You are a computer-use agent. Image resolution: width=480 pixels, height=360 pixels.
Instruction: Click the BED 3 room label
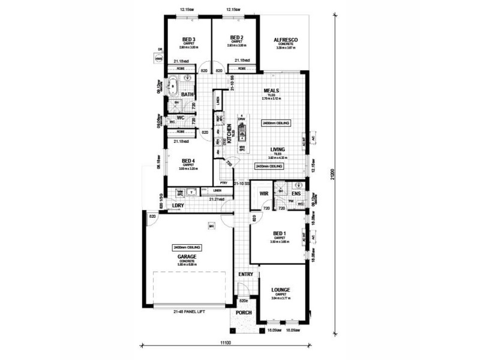188,39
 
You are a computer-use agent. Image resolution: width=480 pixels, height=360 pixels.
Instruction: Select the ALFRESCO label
286,40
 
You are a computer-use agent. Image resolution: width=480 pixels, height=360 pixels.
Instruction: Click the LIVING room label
277,149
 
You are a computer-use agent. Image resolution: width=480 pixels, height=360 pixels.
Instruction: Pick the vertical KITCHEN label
229,133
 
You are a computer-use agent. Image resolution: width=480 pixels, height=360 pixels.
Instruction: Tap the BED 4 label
188,161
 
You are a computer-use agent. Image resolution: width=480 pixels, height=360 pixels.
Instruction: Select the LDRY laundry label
177,206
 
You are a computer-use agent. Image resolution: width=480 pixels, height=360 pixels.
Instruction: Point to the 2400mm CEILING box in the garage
187,247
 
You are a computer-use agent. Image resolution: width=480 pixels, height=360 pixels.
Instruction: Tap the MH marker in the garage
211,226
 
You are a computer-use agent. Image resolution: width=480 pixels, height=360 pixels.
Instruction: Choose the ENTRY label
246,274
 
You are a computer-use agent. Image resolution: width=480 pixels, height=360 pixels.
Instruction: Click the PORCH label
243,312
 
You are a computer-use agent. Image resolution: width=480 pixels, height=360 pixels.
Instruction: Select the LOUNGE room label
281,288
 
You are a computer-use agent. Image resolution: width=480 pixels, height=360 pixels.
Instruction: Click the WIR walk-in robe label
263,194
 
